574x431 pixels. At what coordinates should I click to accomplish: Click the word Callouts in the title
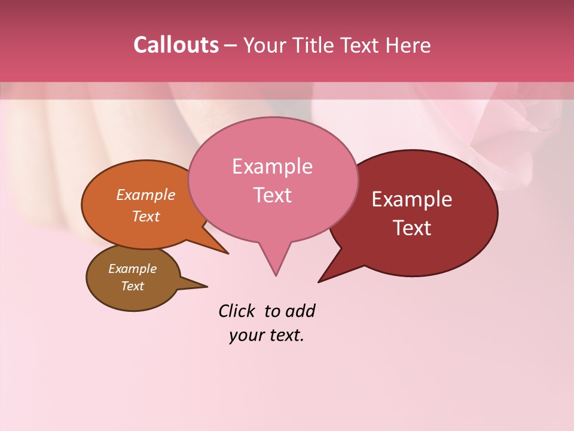[x=176, y=45]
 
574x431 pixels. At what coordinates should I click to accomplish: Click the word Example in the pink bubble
[x=272, y=166]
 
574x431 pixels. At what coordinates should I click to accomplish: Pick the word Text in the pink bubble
[x=272, y=195]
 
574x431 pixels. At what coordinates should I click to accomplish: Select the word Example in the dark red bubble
[x=412, y=199]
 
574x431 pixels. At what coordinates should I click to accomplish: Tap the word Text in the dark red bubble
[x=412, y=228]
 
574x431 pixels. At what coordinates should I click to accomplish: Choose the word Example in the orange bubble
[x=146, y=195]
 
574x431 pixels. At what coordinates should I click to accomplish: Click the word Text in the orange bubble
[x=146, y=217]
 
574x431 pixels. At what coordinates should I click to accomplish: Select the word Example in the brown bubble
[x=132, y=269]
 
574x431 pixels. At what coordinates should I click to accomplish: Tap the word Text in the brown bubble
[x=132, y=286]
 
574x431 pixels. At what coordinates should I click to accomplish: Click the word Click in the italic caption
[x=237, y=311]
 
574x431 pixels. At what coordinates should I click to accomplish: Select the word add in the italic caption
[x=300, y=311]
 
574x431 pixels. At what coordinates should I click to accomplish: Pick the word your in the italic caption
[x=245, y=335]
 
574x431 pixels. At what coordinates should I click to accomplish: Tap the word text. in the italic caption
[x=284, y=335]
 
